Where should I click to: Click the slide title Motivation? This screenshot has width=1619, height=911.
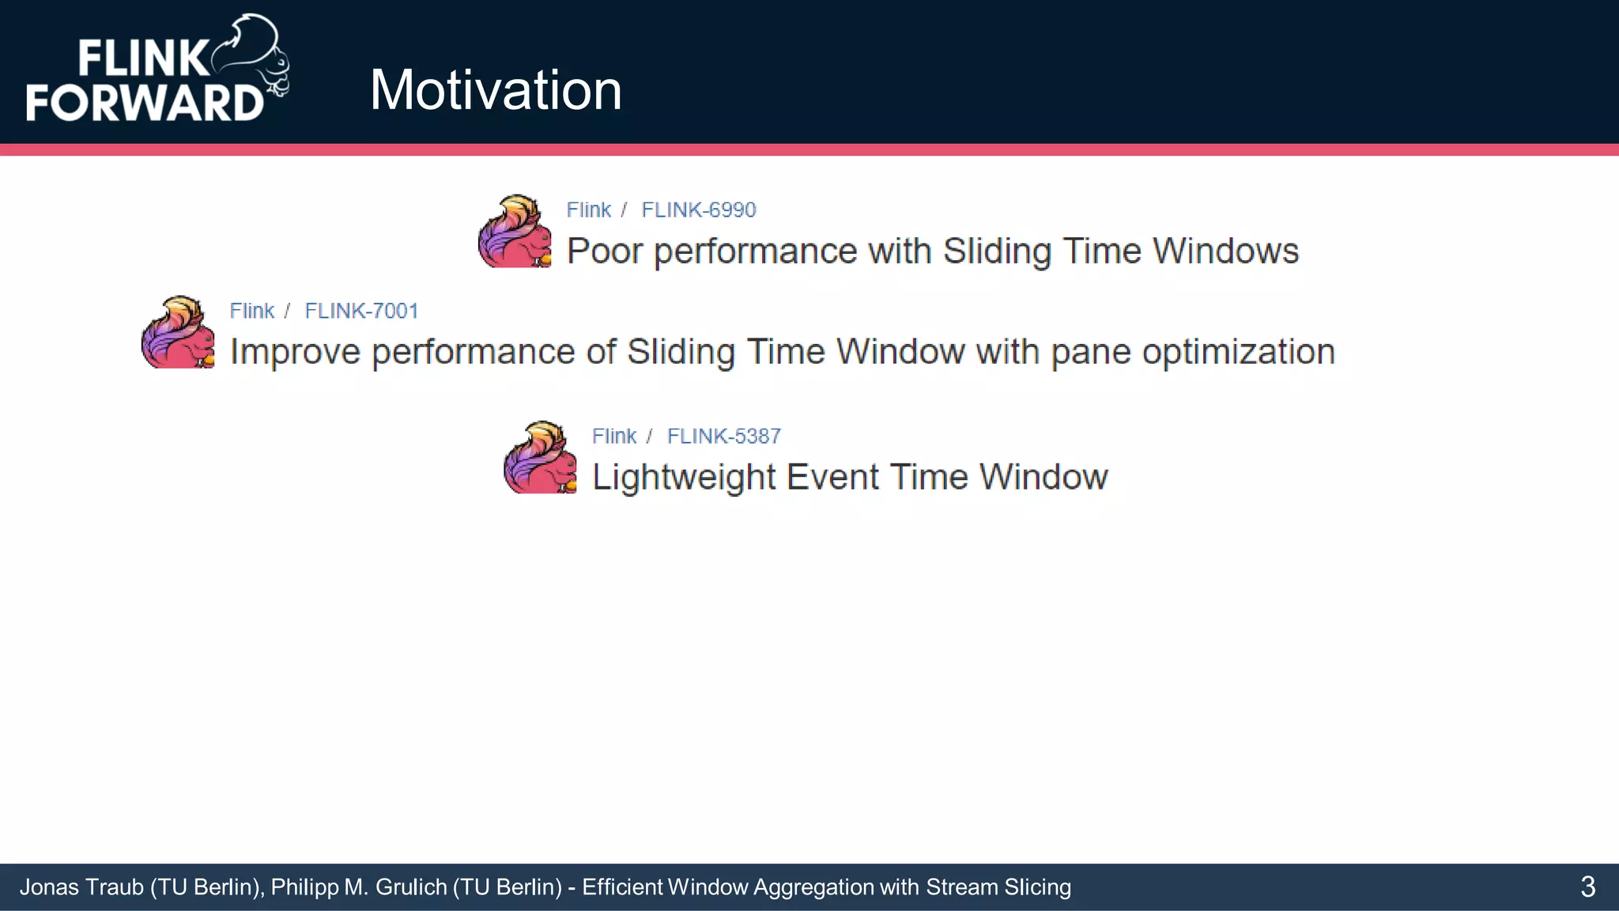496,90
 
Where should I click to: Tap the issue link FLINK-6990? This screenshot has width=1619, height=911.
698,210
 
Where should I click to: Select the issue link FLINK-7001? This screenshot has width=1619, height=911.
361,311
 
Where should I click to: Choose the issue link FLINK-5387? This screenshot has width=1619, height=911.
723,436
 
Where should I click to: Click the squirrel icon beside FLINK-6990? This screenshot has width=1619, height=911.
515,232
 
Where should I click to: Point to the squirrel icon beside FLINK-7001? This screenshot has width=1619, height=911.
178,332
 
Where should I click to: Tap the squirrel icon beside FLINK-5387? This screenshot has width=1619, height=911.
540,458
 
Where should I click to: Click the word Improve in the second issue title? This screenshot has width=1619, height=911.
295,352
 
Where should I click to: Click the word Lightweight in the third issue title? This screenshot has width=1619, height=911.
684,478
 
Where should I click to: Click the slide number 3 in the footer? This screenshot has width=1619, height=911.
1587,887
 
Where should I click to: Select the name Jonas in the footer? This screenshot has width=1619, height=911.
49,887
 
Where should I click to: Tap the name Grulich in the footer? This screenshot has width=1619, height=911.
411,887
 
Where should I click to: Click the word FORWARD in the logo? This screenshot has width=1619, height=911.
145,103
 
